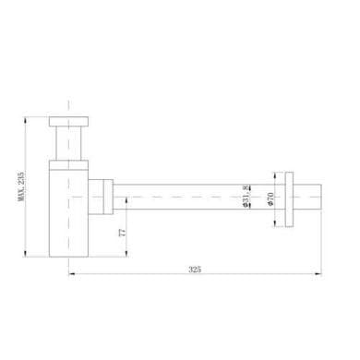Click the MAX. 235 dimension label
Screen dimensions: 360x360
[21, 186]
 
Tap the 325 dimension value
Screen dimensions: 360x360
[195, 270]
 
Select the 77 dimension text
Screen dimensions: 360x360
[122, 233]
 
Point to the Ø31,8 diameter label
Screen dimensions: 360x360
[246, 197]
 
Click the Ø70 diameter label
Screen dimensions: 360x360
[270, 199]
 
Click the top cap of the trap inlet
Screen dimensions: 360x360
[69, 122]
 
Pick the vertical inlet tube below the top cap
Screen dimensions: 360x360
[68, 143]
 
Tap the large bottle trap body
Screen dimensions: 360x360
[69, 213]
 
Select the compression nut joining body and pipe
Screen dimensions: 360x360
[108, 197]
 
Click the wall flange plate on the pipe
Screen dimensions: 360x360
[289, 199]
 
